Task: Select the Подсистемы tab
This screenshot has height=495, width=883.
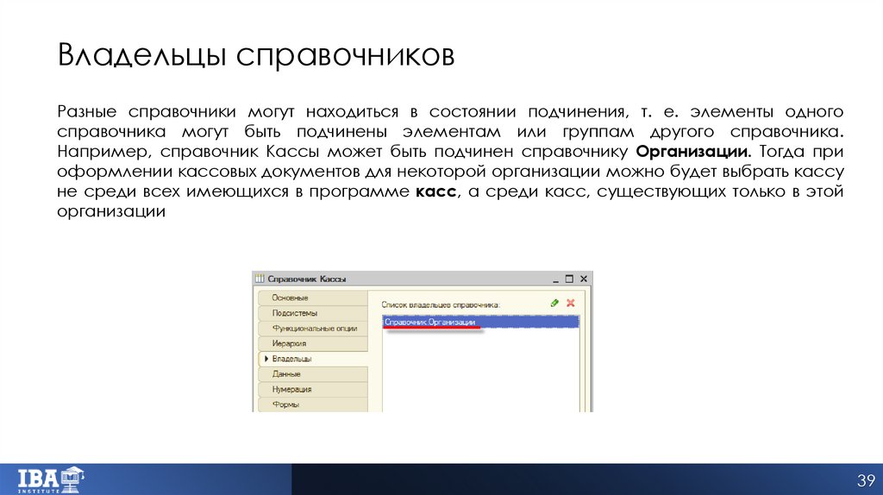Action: (295, 313)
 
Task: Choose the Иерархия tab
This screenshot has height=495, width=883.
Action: (290, 343)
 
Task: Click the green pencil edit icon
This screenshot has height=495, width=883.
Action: (554, 304)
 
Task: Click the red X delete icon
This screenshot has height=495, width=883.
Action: (570, 304)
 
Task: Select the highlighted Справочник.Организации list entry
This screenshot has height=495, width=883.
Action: (430, 322)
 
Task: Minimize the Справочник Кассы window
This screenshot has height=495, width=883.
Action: (554, 279)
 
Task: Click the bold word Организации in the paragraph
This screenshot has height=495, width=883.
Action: (698, 152)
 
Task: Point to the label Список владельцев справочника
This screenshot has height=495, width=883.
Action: (441, 304)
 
